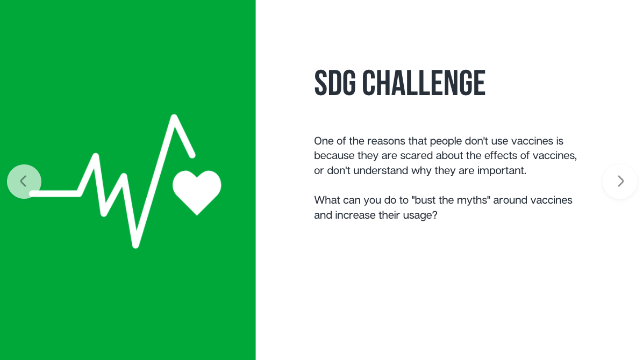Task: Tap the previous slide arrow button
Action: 24,182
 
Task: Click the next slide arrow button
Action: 620,182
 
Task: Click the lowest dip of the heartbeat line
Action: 135,245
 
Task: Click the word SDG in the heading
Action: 335,83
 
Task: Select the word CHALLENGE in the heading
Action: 424,83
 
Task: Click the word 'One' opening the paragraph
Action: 324,141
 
